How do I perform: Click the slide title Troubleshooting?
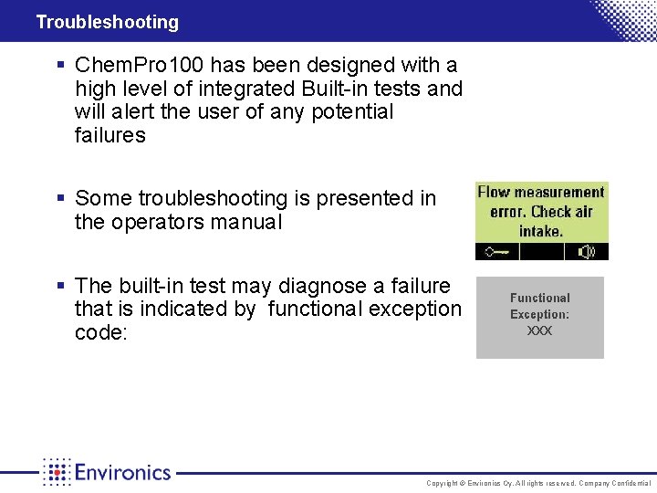pyautogui.click(x=107, y=22)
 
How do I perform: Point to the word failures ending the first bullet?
pyautogui.click(x=110, y=136)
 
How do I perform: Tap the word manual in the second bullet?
pyautogui.click(x=252, y=222)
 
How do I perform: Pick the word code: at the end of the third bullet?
pyautogui.click(x=101, y=333)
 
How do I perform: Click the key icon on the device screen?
pyautogui.click(x=499, y=251)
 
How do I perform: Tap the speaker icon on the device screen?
pyautogui.click(x=587, y=251)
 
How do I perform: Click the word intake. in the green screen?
pyautogui.click(x=541, y=231)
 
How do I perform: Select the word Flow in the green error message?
pyautogui.click(x=494, y=192)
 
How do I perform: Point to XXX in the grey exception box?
pyautogui.click(x=539, y=330)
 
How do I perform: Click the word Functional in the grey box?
pyautogui.click(x=539, y=298)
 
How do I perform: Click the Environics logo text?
pyautogui.click(x=122, y=472)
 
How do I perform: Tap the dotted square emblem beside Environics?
pyautogui.click(x=57, y=471)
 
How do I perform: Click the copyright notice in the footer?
pyautogui.click(x=538, y=483)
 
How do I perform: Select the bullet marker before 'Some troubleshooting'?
pyautogui.click(x=60, y=198)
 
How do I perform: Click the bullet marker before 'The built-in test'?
pyautogui.click(x=60, y=287)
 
